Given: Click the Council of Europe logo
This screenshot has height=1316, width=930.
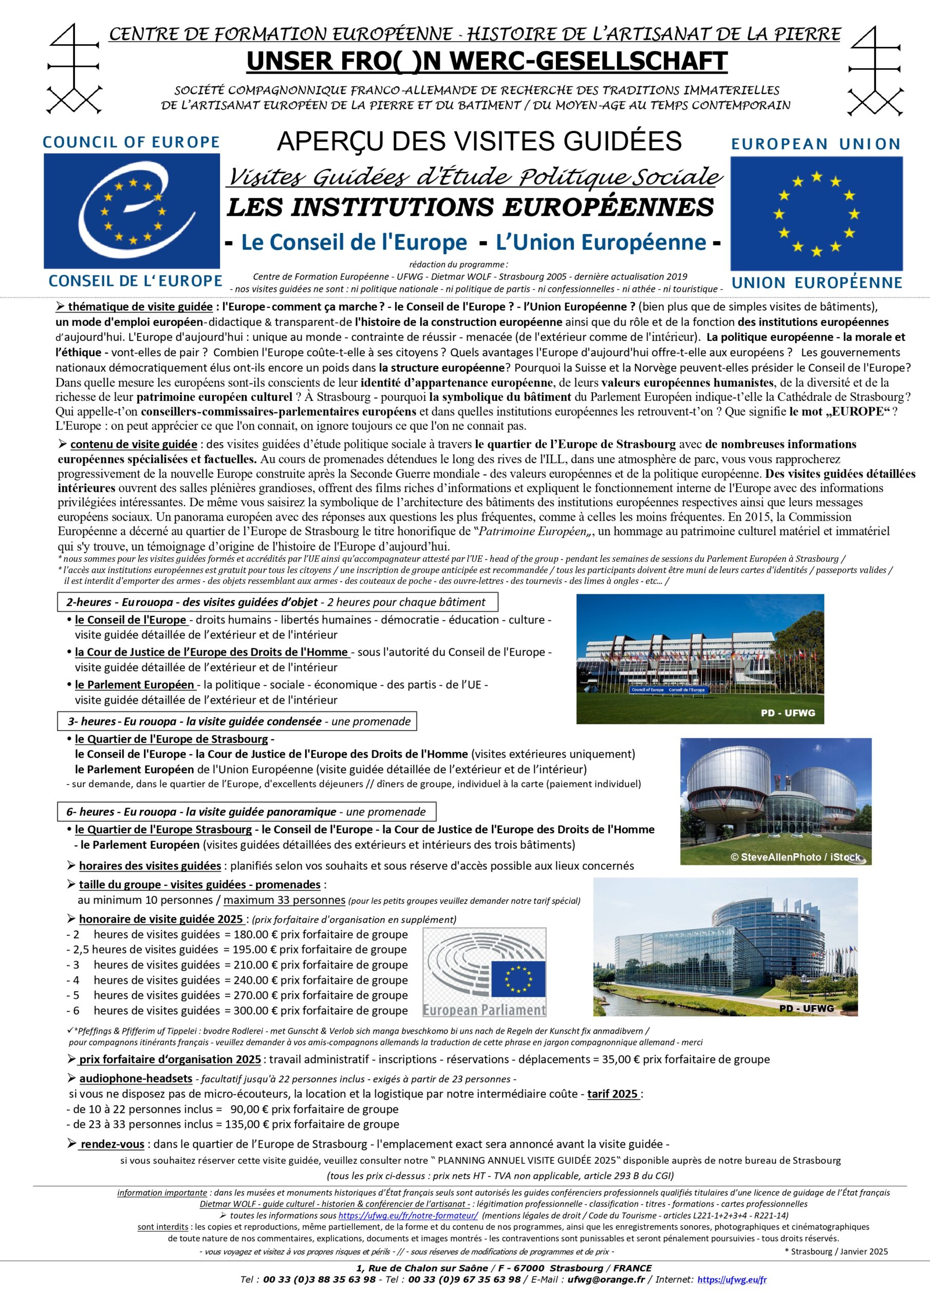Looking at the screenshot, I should pyautogui.click(x=132, y=210).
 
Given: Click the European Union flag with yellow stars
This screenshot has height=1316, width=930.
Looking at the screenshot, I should pyautogui.click(x=816, y=213).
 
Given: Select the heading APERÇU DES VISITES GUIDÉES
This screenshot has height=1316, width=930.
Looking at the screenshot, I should pyautogui.click(x=479, y=141).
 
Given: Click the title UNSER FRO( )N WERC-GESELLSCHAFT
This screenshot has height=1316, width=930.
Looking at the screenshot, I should pyautogui.click(x=487, y=61).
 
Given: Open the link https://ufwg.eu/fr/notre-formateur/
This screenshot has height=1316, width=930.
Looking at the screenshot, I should pyautogui.click(x=407, y=1216).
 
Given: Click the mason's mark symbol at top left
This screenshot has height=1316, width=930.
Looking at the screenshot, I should pyautogui.click(x=75, y=69).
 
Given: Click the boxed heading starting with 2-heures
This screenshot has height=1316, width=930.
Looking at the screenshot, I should pyautogui.click(x=277, y=602).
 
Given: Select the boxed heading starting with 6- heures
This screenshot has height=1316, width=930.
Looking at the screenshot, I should pyautogui.click(x=247, y=812).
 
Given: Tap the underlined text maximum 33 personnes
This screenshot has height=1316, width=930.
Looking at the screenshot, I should pyautogui.click(x=284, y=901).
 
